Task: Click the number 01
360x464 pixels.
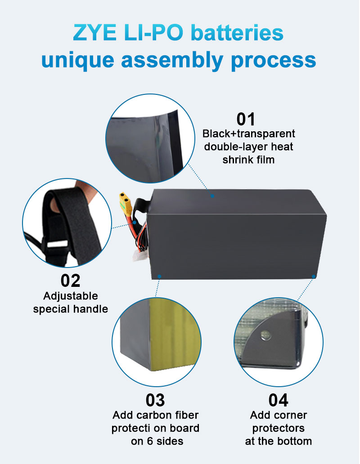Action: pos(246,119)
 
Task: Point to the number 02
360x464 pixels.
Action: pos(70,281)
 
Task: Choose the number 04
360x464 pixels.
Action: pos(278,400)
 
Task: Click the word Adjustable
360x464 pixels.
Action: pos(71,296)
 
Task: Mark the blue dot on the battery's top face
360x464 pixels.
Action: pos(212,196)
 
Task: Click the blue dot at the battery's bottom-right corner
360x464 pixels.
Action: pos(313,274)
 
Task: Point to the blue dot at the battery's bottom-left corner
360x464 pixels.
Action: pos(159,274)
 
